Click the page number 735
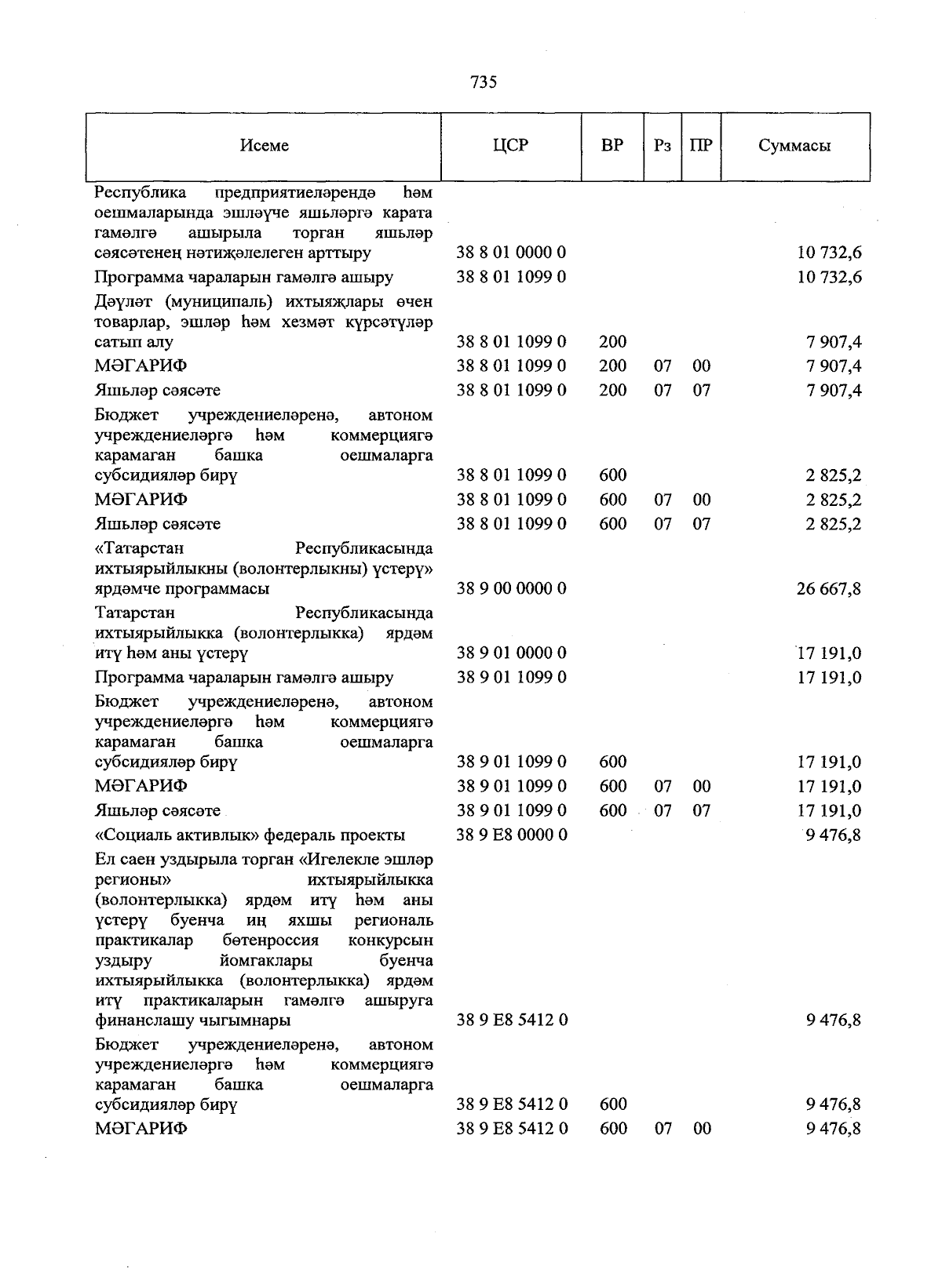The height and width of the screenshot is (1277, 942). pyautogui.click(x=484, y=82)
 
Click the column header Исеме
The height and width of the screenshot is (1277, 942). pyautogui.click(x=265, y=146)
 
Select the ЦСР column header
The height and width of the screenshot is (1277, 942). pyautogui.click(x=510, y=146)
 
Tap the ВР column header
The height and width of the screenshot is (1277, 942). pyautogui.click(x=612, y=146)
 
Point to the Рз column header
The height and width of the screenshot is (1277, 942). pyautogui.click(x=663, y=146)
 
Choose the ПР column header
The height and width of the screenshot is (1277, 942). pyautogui.click(x=701, y=146)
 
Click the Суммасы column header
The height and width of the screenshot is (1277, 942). pyautogui.click(x=794, y=146)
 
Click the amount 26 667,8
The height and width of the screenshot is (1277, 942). pyautogui.click(x=829, y=588)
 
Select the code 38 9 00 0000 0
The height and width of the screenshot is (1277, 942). pyautogui.click(x=512, y=588)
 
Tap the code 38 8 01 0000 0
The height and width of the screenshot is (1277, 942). pyautogui.click(x=512, y=253)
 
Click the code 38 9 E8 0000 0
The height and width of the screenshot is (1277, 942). pyautogui.click(x=512, y=835)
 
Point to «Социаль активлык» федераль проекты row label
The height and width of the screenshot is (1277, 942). pyautogui.click(x=250, y=835)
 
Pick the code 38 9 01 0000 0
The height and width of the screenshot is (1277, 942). pyautogui.click(x=512, y=653)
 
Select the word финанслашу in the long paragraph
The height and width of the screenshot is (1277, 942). pyautogui.click(x=140, y=1021)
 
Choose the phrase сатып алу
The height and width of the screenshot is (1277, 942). pyautogui.click(x=133, y=342)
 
